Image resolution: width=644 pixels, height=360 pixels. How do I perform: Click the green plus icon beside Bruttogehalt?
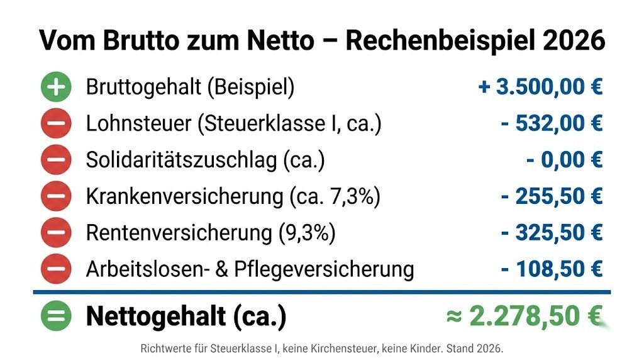pos(57,87)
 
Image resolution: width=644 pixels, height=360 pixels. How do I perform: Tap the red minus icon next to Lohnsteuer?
pos(57,123)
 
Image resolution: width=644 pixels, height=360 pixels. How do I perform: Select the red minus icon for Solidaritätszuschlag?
pos(57,160)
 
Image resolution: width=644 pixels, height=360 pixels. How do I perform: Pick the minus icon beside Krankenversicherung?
pos(57,196)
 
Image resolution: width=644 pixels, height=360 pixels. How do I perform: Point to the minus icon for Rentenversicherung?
pos(57,233)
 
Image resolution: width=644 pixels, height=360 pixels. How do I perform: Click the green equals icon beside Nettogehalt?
pos(57,317)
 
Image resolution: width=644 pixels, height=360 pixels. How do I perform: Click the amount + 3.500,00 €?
pos(541,87)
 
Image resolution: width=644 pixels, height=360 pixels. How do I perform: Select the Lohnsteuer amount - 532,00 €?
pos(552,123)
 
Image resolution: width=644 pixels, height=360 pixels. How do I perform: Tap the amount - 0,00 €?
pos(564,160)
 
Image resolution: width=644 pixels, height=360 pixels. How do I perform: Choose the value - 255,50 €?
pos(552,196)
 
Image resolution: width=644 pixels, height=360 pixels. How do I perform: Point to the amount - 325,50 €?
pos(552,233)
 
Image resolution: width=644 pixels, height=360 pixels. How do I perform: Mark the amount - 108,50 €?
pos(552,269)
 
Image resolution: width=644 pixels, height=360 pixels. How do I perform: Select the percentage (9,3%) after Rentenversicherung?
pos(307,233)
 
